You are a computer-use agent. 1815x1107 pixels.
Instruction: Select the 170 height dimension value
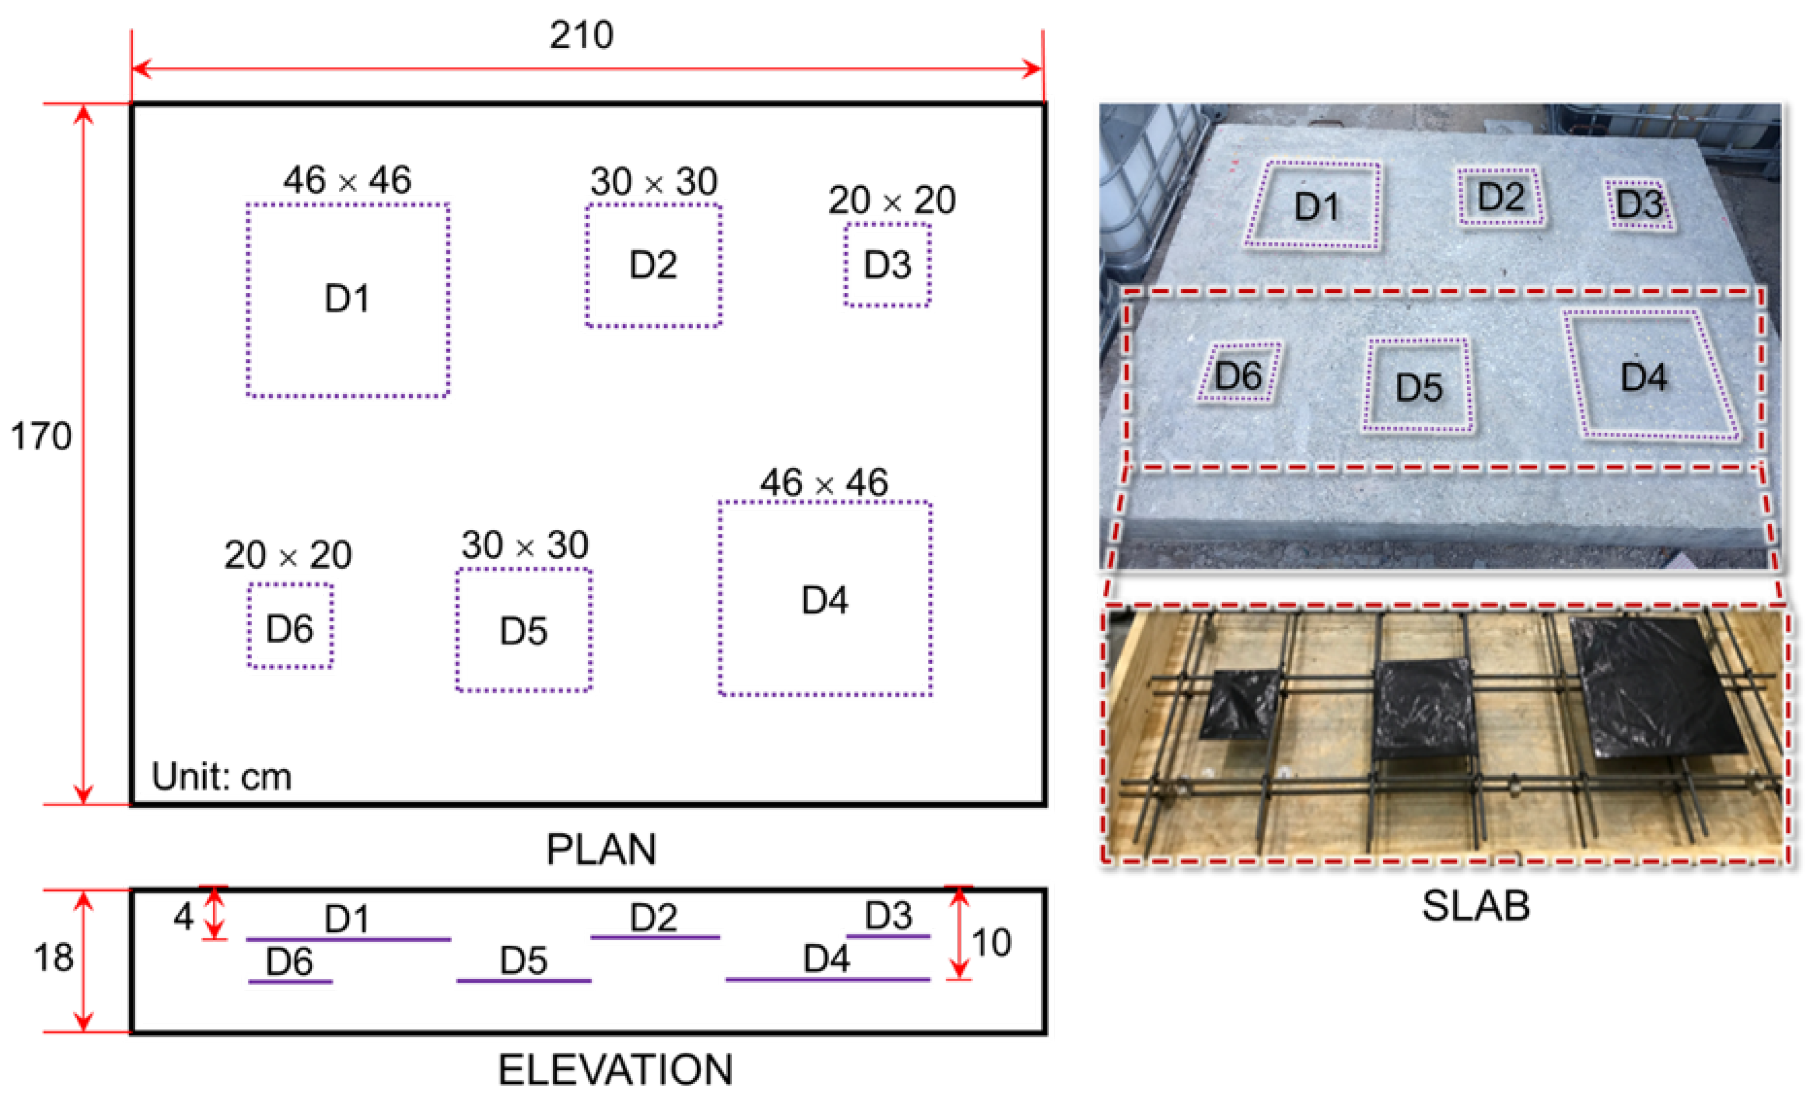point(41,436)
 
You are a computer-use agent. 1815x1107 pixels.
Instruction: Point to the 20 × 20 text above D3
point(891,200)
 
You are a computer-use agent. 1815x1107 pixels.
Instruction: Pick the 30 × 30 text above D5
point(524,546)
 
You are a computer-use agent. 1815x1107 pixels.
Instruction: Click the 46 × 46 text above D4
point(823,483)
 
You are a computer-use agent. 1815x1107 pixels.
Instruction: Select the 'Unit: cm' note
point(221,777)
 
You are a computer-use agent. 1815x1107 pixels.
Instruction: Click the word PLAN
point(600,850)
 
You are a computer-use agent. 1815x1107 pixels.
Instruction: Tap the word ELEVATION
point(615,1069)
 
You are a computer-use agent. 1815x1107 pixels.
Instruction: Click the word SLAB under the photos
point(1475,906)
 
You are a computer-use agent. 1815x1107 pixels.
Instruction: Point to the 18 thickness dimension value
point(53,958)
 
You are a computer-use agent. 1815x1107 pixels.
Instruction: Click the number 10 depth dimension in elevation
point(990,943)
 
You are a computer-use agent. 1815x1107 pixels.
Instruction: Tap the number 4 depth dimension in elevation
point(183,917)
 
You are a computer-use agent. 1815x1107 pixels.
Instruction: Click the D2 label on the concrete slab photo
point(1501,197)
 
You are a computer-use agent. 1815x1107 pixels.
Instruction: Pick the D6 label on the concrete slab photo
point(1238,376)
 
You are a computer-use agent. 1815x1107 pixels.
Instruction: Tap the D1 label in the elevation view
point(346,919)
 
